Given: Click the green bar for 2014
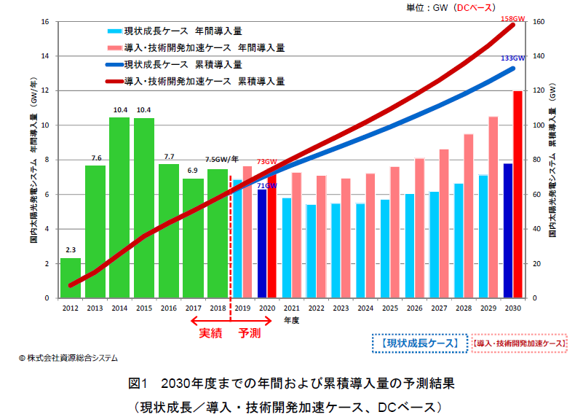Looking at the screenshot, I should click(119, 208).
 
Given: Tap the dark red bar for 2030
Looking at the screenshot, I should click(517, 194).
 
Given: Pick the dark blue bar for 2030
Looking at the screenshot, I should click(508, 230).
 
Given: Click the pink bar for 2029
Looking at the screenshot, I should click(493, 207).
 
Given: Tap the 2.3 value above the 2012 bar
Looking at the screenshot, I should click(71, 249).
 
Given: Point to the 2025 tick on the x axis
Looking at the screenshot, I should click(389, 308).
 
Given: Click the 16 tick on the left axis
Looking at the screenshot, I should click(45, 22).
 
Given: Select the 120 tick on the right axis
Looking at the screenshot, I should click(538, 91).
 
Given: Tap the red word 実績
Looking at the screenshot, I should click(212, 332).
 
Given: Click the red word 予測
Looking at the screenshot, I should click(251, 332).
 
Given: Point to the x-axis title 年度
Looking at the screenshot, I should click(291, 319).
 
